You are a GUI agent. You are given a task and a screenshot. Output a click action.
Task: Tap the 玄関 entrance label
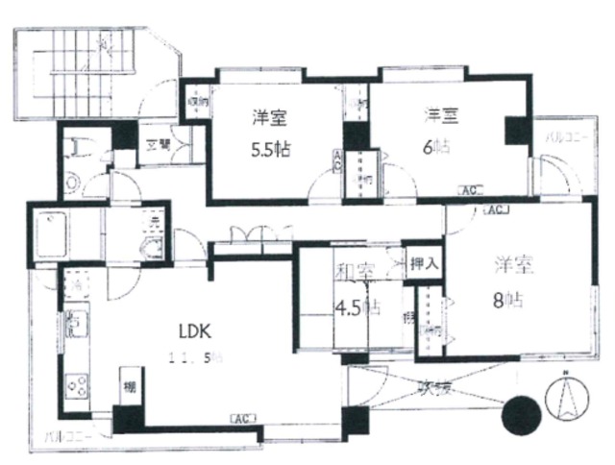pos(158,145)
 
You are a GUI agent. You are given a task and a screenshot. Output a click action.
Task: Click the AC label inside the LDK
pos(241,418)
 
